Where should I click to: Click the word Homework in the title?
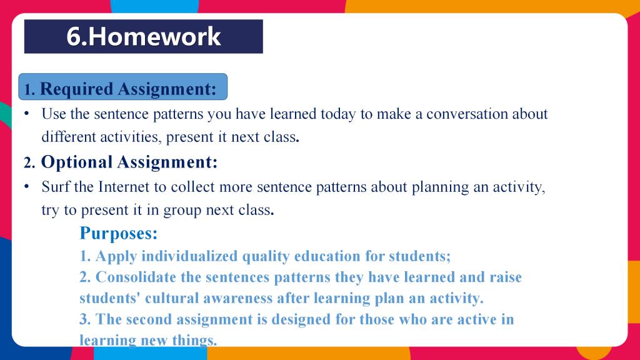tap(154, 36)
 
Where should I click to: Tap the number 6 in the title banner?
tap(74, 36)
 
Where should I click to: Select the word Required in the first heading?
tap(76, 89)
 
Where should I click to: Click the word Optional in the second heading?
tap(77, 162)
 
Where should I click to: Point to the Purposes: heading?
tap(118, 234)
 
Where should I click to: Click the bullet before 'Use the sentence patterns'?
tap(26, 114)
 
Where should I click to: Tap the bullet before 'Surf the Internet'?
tap(26, 186)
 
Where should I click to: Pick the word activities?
tap(130, 137)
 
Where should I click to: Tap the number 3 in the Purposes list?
tap(84, 319)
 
